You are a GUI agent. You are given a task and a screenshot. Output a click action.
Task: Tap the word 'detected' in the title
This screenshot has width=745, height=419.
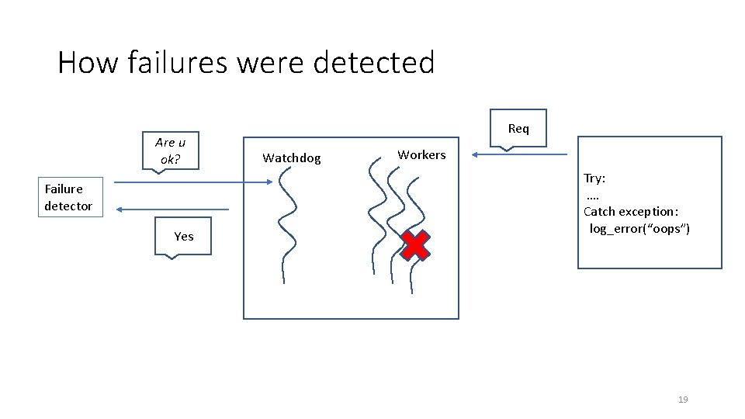pyautogui.click(x=374, y=62)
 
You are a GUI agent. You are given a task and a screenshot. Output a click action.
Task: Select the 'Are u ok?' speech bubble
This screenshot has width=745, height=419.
pyautogui.click(x=171, y=151)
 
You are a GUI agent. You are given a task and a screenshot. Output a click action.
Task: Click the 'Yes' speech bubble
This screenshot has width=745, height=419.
pyautogui.click(x=184, y=236)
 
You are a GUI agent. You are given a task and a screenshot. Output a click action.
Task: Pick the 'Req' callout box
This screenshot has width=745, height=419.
pyautogui.click(x=518, y=127)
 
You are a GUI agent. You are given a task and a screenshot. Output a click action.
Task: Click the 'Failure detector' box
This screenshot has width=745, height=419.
pyautogui.click(x=70, y=197)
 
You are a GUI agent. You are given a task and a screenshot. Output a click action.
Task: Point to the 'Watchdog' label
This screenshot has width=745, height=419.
pyautogui.click(x=291, y=158)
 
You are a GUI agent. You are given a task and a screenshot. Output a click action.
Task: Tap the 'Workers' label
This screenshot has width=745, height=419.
pyautogui.click(x=421, y=154)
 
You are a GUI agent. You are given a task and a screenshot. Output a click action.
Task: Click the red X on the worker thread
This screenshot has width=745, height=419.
pyautogui.click(x=415, y=245)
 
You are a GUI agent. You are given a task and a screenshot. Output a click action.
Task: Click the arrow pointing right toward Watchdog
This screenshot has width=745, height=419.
pyautogui.click(x=194, y=183)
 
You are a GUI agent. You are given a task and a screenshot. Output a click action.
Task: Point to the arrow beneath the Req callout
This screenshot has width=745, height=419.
pyautogui.click(x=520, y=154)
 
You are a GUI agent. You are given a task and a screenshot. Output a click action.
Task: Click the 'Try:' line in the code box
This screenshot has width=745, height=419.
pyautogui.click(x=594, y=178)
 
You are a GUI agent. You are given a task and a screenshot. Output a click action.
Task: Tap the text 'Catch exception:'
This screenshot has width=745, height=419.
pyautogui.click(x=631, y=211)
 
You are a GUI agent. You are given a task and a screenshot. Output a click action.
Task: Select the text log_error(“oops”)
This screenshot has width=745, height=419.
pyautogui.click(x=639, y=228)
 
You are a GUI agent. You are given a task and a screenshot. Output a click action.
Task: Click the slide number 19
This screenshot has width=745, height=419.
pyautogui.click(x=683, y=400)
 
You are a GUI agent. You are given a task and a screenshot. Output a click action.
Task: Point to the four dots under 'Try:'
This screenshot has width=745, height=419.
pyautogui.click(x=593, y=195)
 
